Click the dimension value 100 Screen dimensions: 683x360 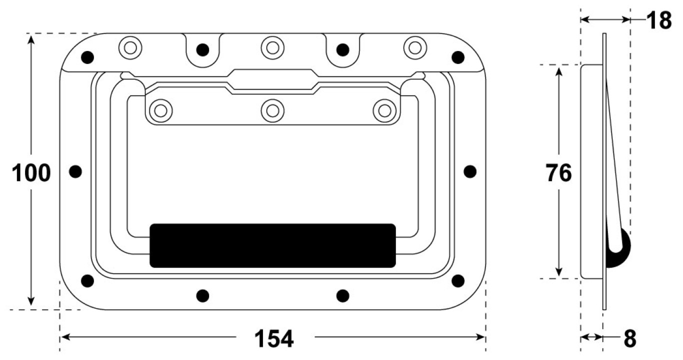pyautogui.click(x=31, y=173)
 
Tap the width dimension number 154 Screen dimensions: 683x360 pyautogui.click(x=274, y=338)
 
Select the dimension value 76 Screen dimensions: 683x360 pyautogui.click(x=558, y=173)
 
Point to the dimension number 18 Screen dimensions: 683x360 pyautogui.click(x=659, y=20)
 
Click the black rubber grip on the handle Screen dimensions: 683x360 pyautogui.click(x=273, y=245)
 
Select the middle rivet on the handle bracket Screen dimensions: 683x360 pyautogui.click(x=272, y=111)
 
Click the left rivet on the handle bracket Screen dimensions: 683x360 pyautogui.click(x=160, y=111)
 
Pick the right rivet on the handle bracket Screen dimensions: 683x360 pyautogui.click(x=385, y=111)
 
